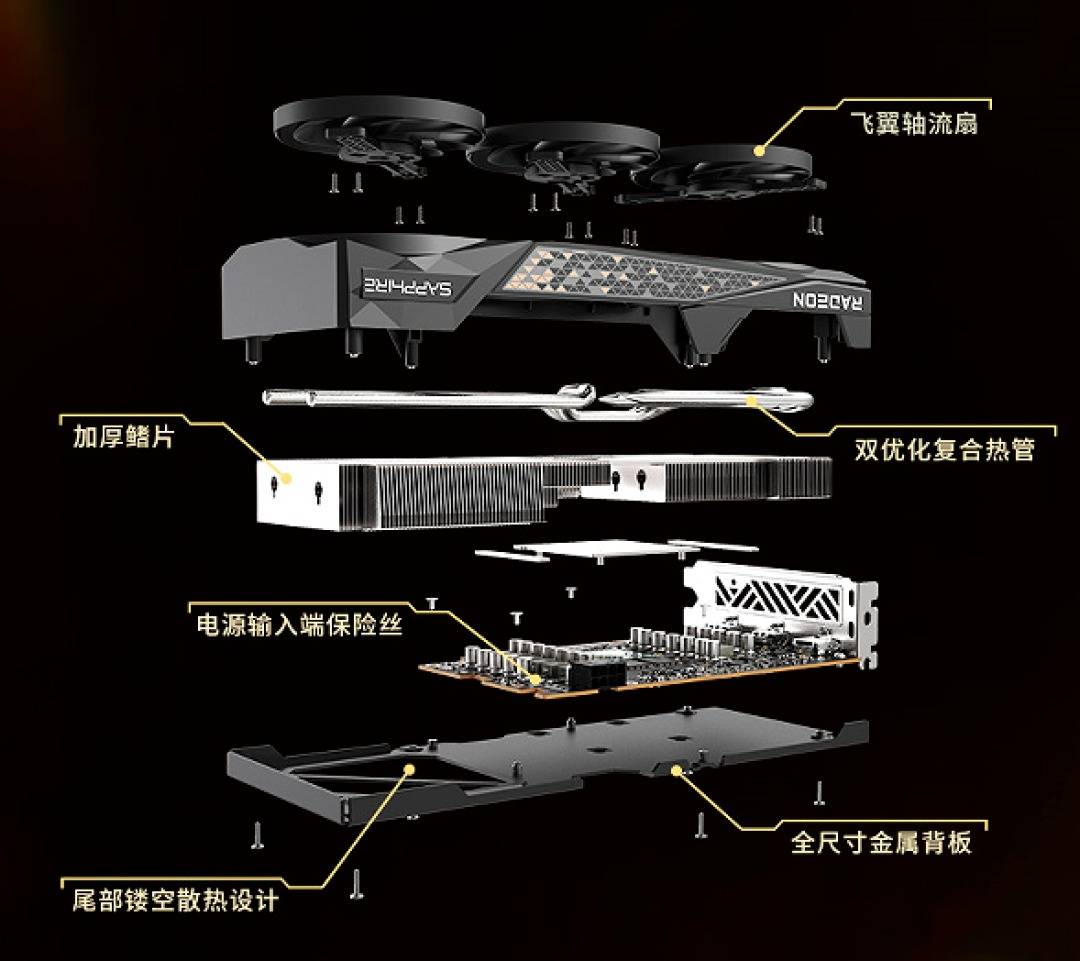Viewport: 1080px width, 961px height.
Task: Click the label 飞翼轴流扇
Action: click(913, 125)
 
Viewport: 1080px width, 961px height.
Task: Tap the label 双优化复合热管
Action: click(945, 450)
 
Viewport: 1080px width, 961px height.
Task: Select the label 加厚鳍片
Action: click(124, 437)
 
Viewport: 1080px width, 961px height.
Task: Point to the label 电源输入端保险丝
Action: click(299, 626)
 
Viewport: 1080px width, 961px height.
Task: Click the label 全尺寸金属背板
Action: click(881, 843)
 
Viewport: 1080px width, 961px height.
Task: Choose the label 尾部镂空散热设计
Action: click(176, 901)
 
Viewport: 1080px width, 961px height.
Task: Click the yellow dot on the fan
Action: click(759, 149)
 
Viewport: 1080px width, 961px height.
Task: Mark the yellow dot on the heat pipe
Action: click(752, 400)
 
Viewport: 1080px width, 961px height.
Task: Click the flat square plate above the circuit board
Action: click(599, 549)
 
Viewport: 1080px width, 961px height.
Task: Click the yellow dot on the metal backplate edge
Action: click(676, 769)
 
